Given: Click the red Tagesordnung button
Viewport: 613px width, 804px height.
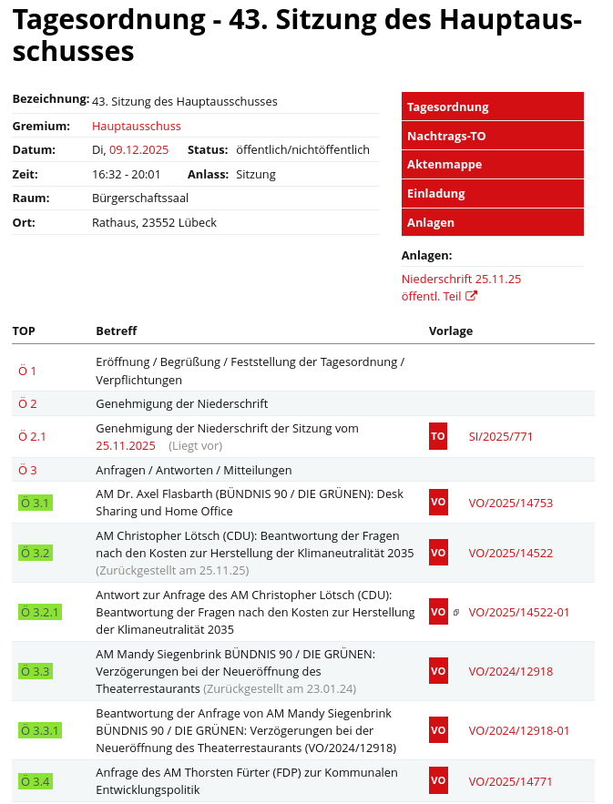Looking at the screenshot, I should tap(492, 107).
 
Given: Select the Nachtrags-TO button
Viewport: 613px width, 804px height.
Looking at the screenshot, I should tap(492, 136).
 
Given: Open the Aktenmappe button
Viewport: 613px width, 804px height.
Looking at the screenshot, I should tap(492, 165).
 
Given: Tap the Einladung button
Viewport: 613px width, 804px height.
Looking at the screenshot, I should tap(492, 193).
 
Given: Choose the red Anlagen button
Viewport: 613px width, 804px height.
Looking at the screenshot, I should tap(492, 222).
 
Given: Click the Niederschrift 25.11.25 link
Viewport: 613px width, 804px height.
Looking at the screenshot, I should tap(461, 279).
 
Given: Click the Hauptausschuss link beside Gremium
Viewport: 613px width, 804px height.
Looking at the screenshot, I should tap(137, 126).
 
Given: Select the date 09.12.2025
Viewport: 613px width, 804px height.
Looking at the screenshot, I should tap(138, 149).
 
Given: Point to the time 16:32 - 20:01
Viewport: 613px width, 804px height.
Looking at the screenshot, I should tap(126, 174).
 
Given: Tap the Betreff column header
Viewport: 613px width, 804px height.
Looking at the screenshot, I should tap(117, 331).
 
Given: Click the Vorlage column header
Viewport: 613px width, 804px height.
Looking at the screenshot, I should tap(451, 331).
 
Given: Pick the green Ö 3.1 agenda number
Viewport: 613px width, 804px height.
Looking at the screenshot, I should tap(35, 503).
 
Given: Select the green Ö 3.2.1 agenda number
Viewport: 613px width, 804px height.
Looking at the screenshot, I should tap(40, 612).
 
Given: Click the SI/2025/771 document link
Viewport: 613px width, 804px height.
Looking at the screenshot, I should tap(501, 436).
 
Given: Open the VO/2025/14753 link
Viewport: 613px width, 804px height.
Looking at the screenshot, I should tap(510, 503).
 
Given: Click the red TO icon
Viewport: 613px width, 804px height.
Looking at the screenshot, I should tap(438, 436).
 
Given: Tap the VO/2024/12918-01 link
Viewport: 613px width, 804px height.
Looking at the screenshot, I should tap(519, 730).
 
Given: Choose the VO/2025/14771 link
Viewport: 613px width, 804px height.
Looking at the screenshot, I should tap(510, 780).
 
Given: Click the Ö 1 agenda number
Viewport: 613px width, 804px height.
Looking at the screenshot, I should tap(27, 371).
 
